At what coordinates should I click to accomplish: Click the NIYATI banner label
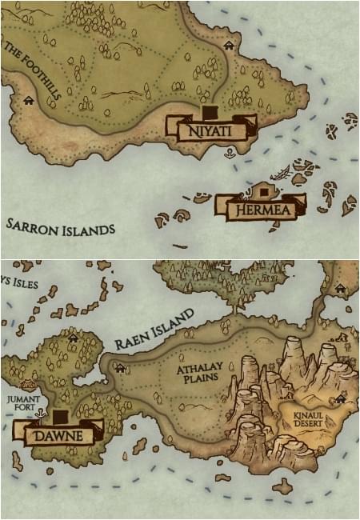pos(212,129)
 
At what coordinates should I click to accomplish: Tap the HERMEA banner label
pos(261,210)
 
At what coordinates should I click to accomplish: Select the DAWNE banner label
pos(61,435)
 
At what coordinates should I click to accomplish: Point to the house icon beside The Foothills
pos(30,100)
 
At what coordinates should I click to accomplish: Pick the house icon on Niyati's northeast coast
pos(229,46)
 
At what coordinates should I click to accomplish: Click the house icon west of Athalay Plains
pos(121,368)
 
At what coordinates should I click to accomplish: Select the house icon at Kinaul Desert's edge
pos(342,397)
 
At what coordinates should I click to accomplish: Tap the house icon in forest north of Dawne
pos(74,338)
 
